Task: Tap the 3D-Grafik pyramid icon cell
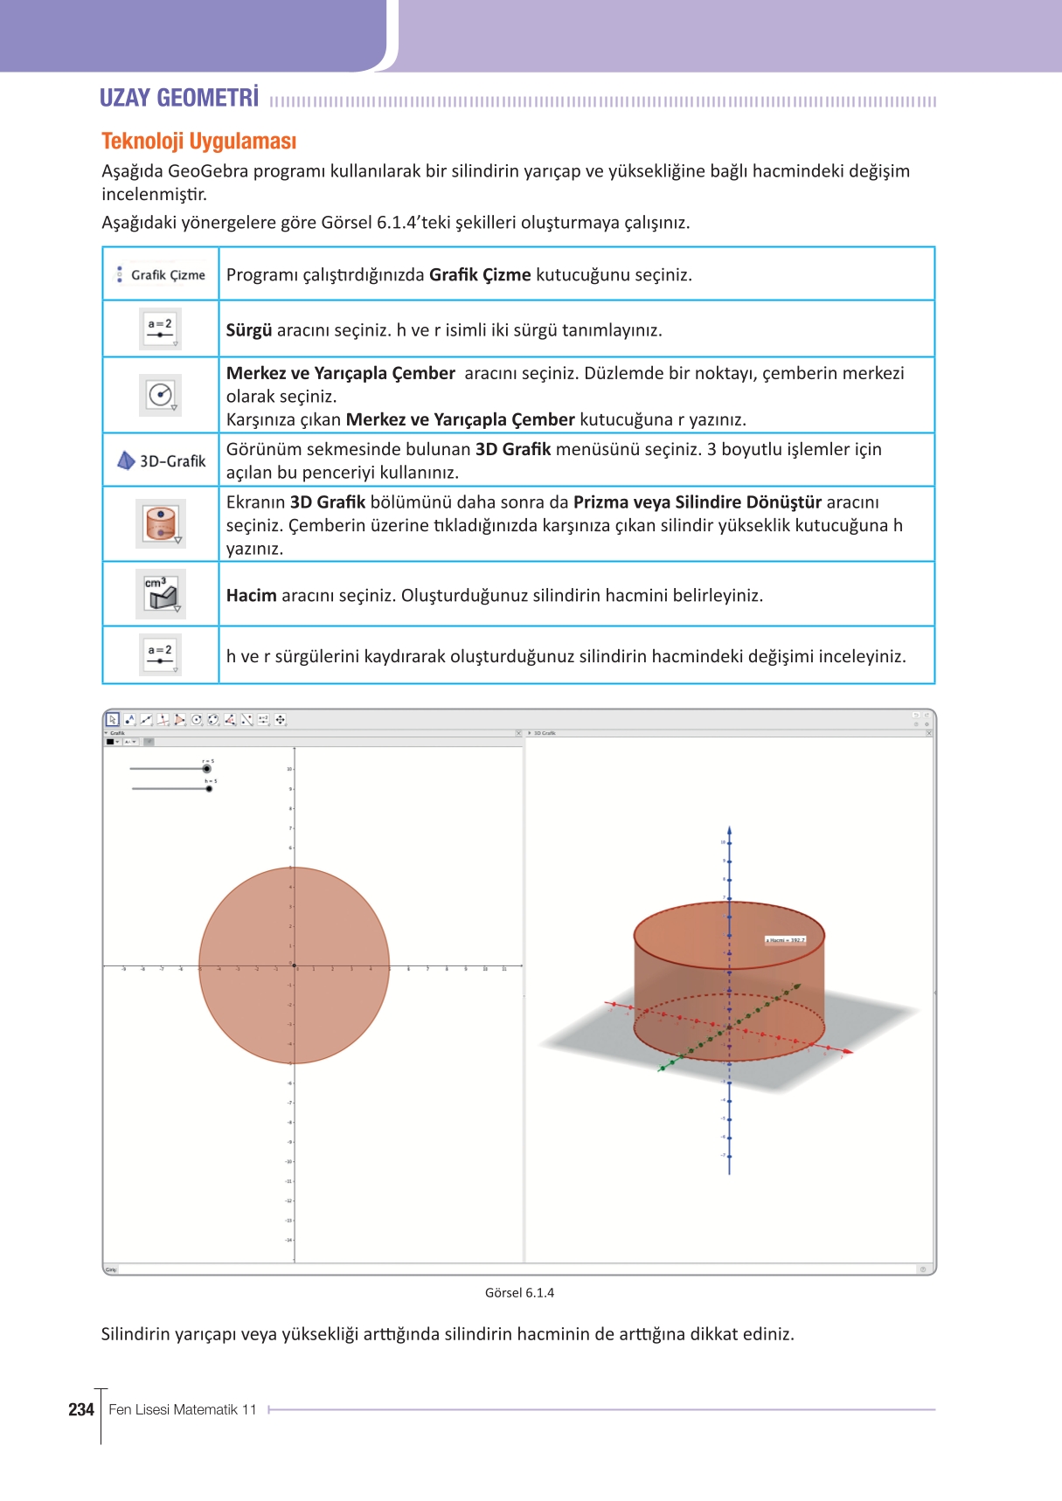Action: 127,460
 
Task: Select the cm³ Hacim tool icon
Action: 161,594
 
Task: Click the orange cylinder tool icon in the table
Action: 161,523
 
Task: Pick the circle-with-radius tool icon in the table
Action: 161,395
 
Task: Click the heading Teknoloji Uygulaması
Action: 199,142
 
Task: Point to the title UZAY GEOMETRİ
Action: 179,98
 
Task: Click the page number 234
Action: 80,1409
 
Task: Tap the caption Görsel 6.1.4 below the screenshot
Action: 519,1293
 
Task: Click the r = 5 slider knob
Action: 207,769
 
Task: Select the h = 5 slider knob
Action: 209,789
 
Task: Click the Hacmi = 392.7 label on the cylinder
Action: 785,940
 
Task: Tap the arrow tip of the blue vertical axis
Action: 729,830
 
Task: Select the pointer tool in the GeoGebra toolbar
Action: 113,720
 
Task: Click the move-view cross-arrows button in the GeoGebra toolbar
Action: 281,720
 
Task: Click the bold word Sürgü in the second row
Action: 249,330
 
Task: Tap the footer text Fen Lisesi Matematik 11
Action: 183,1410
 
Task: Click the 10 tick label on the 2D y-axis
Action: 289,769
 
